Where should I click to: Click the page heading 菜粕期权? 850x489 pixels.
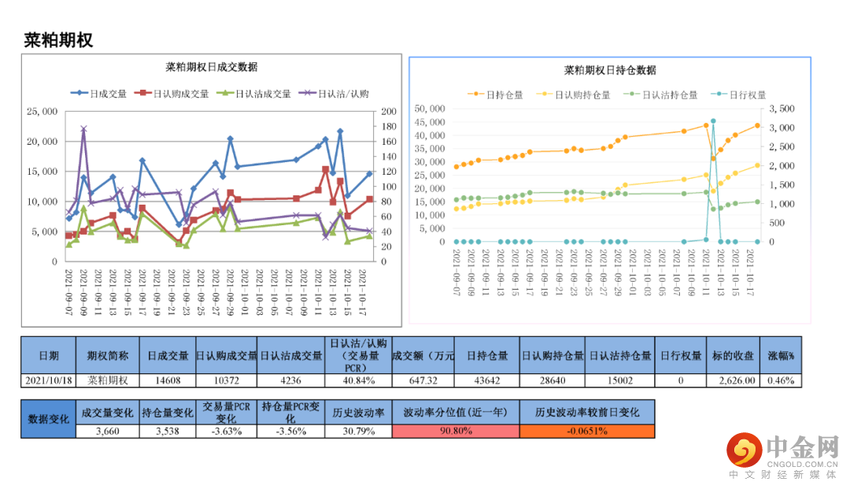click(x=59, y=40)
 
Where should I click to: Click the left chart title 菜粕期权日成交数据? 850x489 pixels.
click(x=212, y=67)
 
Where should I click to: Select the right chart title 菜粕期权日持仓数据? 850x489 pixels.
click(x=610, y=70)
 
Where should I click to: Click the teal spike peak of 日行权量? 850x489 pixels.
click(x=713, y=121)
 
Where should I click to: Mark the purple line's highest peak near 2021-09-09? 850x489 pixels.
click(x=83, y=128)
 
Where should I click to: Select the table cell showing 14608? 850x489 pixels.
click(x=166, y=380)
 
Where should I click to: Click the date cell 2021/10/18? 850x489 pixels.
click(x=48, y=380)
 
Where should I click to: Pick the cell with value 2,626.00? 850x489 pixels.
click(x=737, y=380)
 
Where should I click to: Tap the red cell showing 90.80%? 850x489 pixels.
click(x=456, y=431)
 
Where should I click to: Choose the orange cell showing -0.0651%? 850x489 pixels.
click(x=586, y=431)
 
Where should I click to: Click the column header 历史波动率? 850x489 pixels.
click(x=357, y=412)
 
